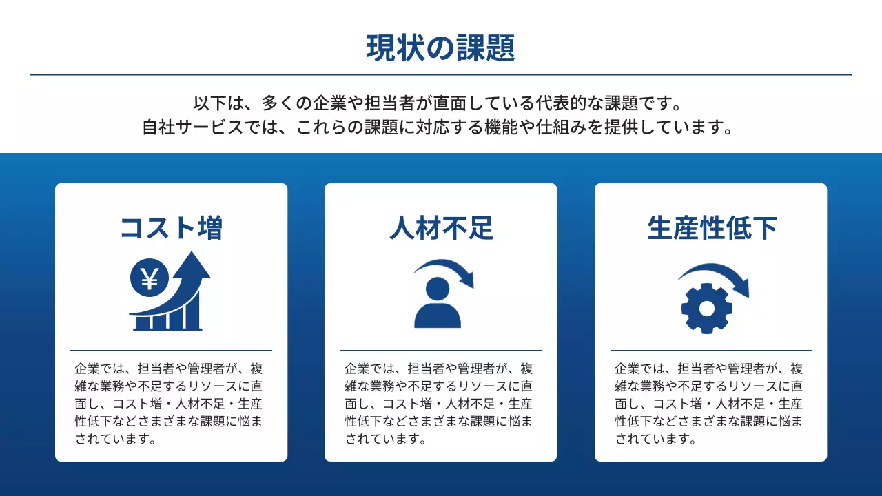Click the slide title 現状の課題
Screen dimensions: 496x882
pyautogui.click(x=440, y=48)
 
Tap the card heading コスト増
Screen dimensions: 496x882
pyautogui.click(x=171, y=228)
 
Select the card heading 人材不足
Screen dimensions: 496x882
pyautogui.click(x=441, y=228)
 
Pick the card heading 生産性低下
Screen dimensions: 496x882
pyautogui.click(x=711, y=228)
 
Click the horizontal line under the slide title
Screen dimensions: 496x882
pyautogui.click(x=441, y=74)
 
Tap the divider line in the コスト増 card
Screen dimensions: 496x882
pyautogui.click(x=171, y=351)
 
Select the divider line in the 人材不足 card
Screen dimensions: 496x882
pyautogui.click(x=441, y=351)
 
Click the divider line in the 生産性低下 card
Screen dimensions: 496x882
pyautogui.click(x=711, y=351)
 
